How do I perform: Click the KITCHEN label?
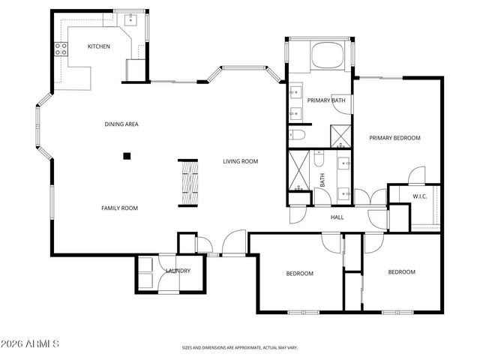coord(99,46)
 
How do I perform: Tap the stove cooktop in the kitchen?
coord(60,50)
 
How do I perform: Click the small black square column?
coord(127,156)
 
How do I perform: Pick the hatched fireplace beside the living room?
coord(187,182)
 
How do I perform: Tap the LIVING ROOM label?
coord(240,161)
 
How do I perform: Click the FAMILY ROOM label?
coord(120,208)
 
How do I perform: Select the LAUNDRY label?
coord(178,271)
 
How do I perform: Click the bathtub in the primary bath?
coord(327,56)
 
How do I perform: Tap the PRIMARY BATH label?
coord(326,100)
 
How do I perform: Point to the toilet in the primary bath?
coord(296,136)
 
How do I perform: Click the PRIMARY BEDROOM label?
coord(394,138)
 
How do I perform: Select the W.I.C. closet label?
coord(420,196)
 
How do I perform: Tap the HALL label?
coord(337,217)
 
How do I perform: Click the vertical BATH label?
coord(323,180)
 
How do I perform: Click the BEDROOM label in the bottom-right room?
coord(401,271)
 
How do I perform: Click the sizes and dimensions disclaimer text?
coord(240,348)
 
